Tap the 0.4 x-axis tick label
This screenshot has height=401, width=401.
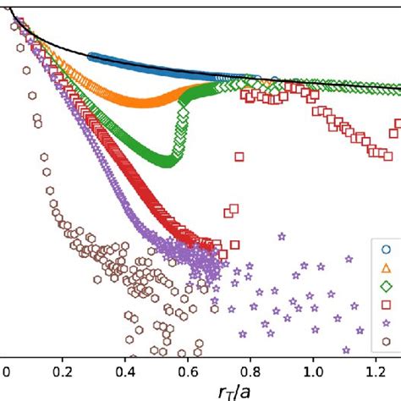pos(131,371)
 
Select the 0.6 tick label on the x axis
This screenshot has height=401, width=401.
pos(193,371)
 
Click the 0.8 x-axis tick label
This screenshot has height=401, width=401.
pos(254,371)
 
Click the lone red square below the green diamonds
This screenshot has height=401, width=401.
pos(239,156)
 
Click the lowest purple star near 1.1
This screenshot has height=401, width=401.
pos(346,349)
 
